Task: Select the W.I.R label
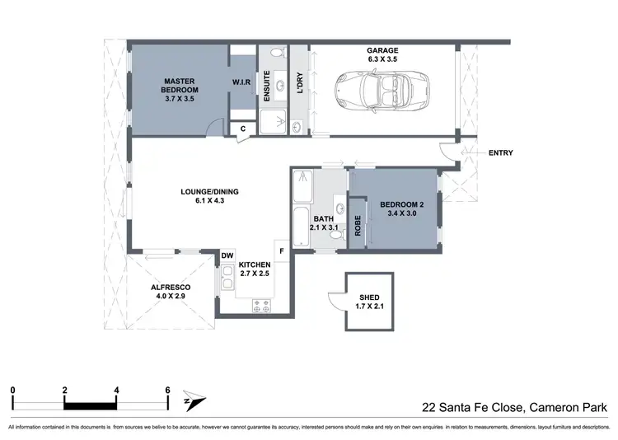coord(241,82)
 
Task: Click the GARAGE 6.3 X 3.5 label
coord(382,55)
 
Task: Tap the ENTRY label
coord(500,152)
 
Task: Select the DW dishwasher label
coord(227,256)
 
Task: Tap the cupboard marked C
coord(243,129)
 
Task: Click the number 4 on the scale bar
coord(117,390)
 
